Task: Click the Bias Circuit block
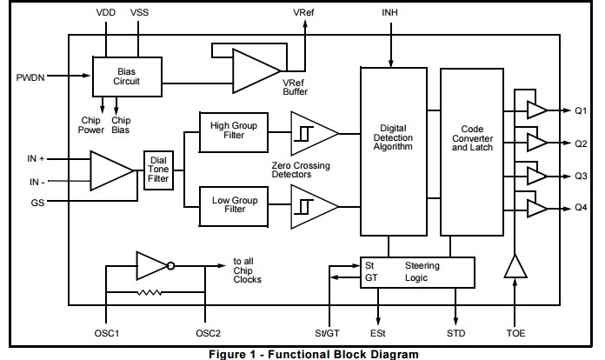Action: [x=127, y=76]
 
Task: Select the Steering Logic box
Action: [x=417, y=271]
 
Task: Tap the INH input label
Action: [x=391, y=15]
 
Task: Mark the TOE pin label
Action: [x=515, y=333]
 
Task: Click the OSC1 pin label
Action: [x=106, y=333]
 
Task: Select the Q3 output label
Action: [x=581, y=175]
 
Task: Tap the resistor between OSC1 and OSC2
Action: [x=155, y=293]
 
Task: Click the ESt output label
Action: [x=379, y=333]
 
